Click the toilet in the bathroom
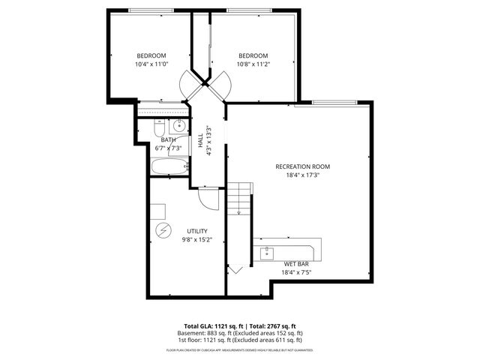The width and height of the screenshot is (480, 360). (x=159, y=127)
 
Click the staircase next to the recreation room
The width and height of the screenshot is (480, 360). (x=238, y=199)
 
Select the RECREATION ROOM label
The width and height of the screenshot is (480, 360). (x=302, y=166)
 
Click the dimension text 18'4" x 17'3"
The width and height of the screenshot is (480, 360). (x=302, y=175)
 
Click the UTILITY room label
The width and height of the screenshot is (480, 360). (x=197, y=231)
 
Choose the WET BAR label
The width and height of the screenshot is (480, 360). (x=296, y=264)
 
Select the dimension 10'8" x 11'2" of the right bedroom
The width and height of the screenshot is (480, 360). (x=253, y=64)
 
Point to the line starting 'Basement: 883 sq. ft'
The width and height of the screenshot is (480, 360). (x=239, y=333)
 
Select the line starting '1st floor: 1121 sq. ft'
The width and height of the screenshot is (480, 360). (x=239, y=340)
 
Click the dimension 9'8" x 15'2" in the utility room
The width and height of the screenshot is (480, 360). (x=197, y=240)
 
